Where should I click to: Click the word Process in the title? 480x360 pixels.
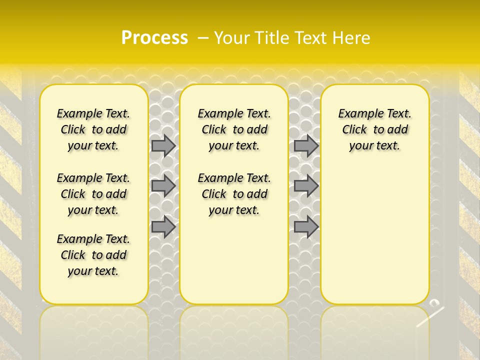(x=154, y=37)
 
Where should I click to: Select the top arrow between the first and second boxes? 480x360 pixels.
(x=163, y=146)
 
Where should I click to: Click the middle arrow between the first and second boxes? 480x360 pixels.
(x=163, y=186)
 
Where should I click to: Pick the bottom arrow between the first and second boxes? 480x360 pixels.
(x=163, y=227)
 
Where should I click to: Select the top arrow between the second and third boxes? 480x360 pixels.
(x=306, y=146)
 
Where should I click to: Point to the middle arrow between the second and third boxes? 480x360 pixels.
(x=306, y=186)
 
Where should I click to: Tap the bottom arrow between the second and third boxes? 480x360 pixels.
(x=306, y=227)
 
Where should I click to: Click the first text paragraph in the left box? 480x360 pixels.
(x=93, y=129)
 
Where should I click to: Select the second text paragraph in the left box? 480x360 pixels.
(x=93, y=194)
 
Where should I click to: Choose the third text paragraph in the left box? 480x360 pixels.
(x=93, y=255)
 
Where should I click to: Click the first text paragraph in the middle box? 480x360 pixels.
(x=234, y=129)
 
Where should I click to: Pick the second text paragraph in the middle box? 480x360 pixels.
(x=234, y=194)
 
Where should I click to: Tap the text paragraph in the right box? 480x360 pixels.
(x=375, y=129)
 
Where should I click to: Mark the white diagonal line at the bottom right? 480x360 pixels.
(x=430, y=317)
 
